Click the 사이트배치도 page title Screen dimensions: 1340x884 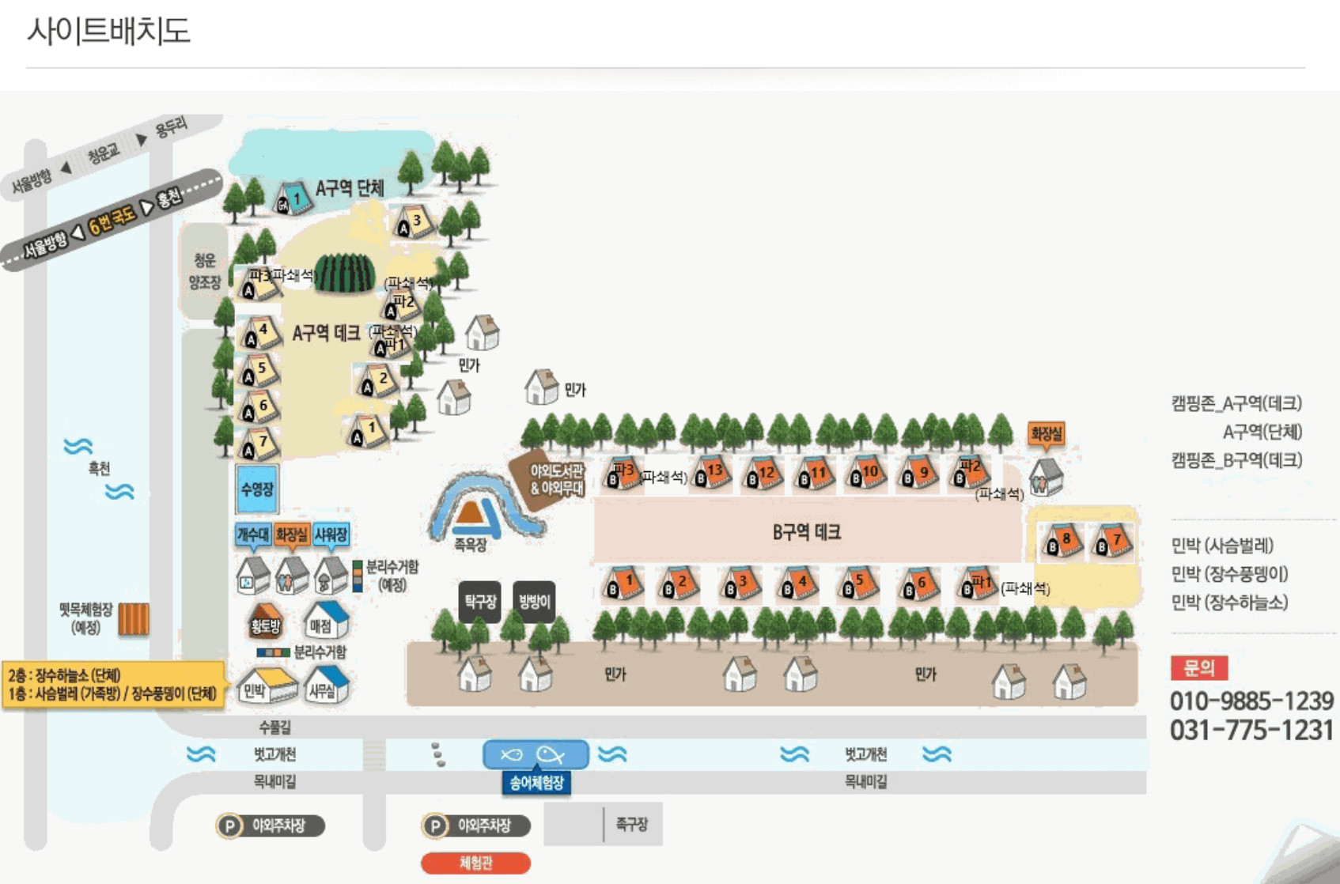(x=108, y=31)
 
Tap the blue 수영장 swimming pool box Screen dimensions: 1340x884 (x=256, y=489)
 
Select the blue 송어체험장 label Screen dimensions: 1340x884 (x=536, y=783)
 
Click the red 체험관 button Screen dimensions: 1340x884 (x=475, y=863)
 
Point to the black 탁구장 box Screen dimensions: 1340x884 (x=479, y=602)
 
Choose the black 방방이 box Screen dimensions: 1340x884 (x=534, y=602)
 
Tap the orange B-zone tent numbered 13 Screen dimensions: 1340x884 (x=711, y=473)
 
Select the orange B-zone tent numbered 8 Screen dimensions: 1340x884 (x=1062, y=542)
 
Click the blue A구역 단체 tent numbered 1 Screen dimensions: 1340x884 (x=293, y=198)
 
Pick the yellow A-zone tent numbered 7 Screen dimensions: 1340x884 (x=259, y=444)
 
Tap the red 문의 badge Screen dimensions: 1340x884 (x=1198, y=668)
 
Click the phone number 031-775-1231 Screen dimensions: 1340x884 (x=1251, y=730)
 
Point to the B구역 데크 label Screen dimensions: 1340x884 (x=806, y=532)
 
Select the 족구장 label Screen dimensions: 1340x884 (x=631, y=825)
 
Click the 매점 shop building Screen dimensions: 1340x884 (x=325, y=621)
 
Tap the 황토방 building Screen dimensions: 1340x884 (x=266, y=621)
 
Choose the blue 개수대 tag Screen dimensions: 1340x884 (x=253, y=535)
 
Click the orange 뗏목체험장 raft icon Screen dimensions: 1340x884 (x=134, y=619)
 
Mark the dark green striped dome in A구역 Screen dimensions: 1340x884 (x=344, y=274)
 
